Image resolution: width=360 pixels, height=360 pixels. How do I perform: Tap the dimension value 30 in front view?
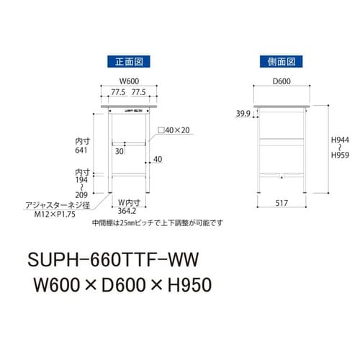[x=118, y=151]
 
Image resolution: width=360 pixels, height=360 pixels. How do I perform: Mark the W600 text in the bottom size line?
[x=55, y=287]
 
